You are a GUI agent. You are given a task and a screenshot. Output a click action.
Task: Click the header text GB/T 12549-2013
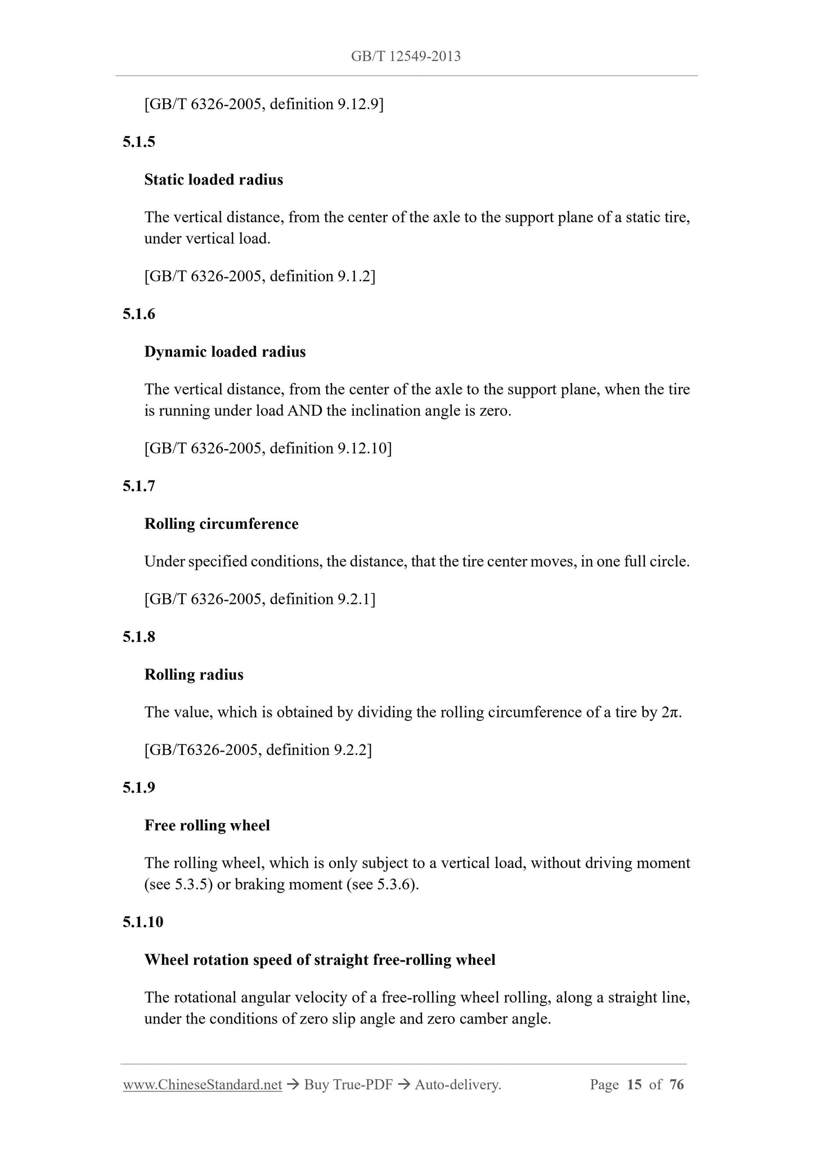click(x=406, y=56)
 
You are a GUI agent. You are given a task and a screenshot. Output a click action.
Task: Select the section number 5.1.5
click(x=139, y=142)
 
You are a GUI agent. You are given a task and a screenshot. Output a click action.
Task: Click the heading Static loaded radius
click(x=213, y=180)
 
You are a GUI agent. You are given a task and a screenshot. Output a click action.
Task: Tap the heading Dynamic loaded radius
click(x=225, y=352)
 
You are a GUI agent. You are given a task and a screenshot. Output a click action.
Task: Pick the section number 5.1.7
click(x=139, y=486)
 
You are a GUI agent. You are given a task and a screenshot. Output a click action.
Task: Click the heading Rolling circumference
click(x=221, y=524)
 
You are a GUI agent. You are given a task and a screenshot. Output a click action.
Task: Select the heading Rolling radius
click(x=194, y=675)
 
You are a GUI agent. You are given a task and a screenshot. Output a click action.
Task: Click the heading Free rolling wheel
click(x=207, y=826)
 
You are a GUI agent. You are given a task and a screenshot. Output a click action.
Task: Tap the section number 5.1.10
click(x=143, y=922)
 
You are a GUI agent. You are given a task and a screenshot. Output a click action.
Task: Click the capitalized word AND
click(x=305, y=411)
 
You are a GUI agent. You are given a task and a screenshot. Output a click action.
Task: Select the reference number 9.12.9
click(x=358, y=105)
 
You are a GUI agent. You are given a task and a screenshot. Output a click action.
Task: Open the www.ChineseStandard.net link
click(x=202, y=1085)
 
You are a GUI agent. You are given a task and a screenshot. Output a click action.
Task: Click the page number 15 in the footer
click(x=634, y=1085)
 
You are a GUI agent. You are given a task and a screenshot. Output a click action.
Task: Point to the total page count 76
click(x=677, y=1085)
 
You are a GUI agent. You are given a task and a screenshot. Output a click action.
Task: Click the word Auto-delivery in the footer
click(x=457, y=1085)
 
